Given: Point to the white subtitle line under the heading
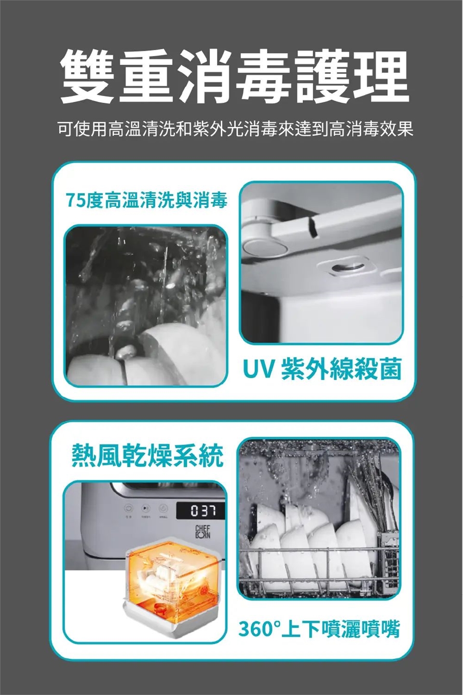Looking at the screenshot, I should (x=235, y=129).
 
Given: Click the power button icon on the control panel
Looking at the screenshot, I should (x=128, y=508).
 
